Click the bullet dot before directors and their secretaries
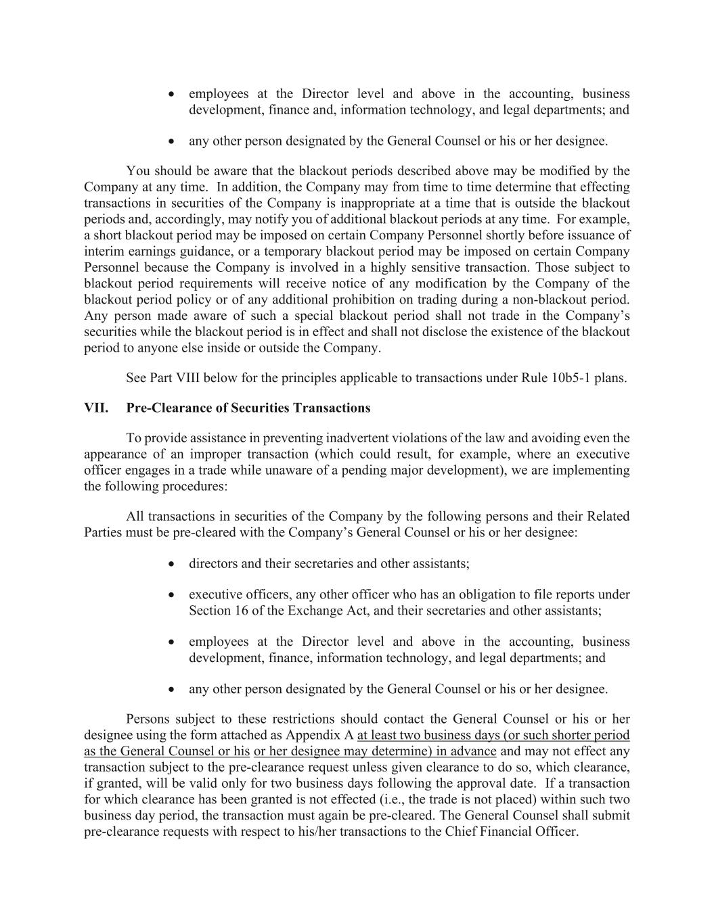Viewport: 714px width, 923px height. pyautogui.click(x=173, y=564)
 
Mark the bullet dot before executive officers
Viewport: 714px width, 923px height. pyautogui.click(x=173, y=595)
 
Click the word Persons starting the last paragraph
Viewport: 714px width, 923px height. pyautogui.click(x=149, y=719)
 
